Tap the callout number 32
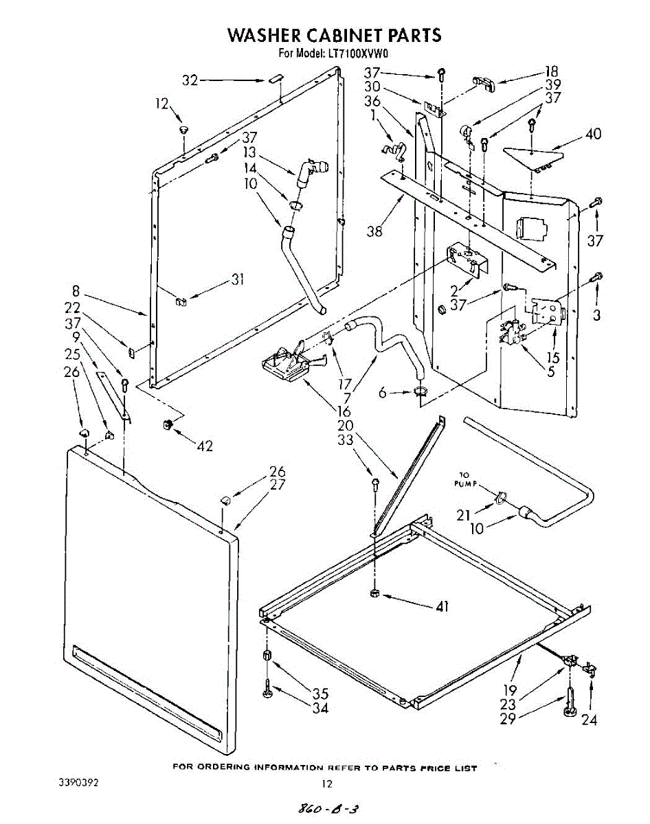(190, 81)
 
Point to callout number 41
(442, 607)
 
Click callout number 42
(205, 446)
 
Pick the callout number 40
(593, 134)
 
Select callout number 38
(374, 231)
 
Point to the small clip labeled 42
(167, 424)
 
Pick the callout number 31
(238, 279)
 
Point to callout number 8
(76, 291)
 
